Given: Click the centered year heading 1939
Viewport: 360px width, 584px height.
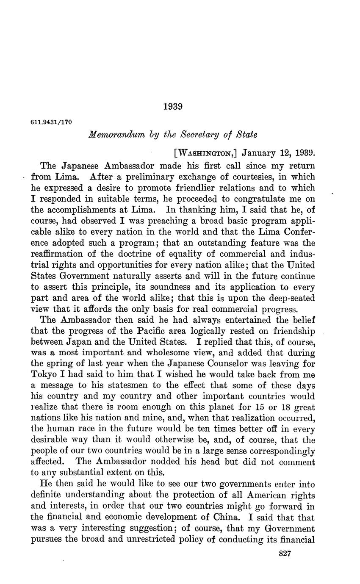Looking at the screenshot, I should (x=173, y=107).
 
